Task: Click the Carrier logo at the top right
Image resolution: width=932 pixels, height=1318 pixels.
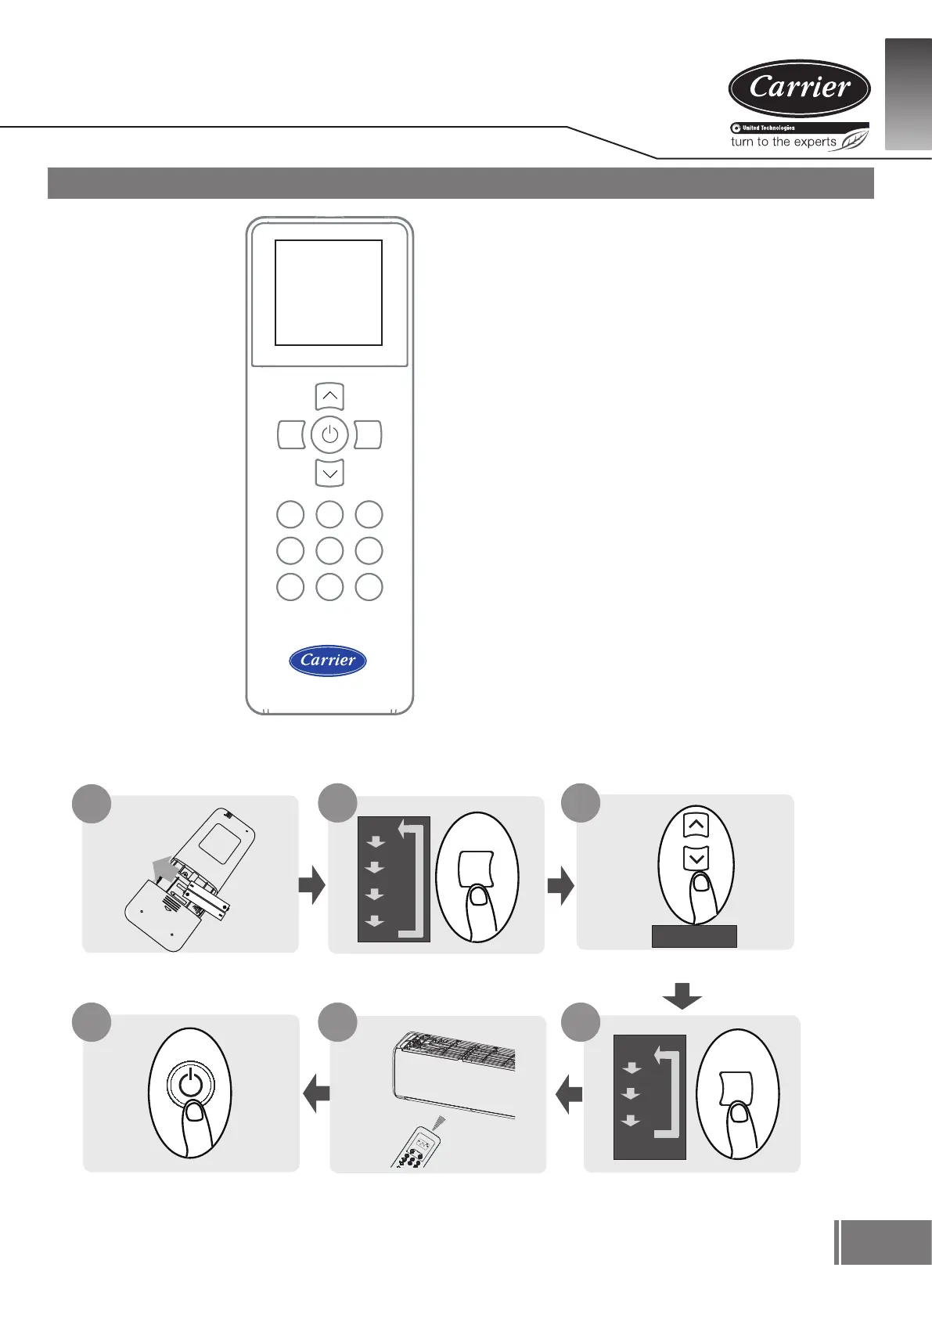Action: pyautogui.click(x=799, y=88)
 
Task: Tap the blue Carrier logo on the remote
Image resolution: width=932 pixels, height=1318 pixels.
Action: pyautogui.click(x=328, y=661)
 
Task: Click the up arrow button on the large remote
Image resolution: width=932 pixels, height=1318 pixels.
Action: pyautogui.click(x=329, y=397)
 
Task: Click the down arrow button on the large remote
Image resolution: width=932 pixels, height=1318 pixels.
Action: pyautogui.click(x=329, y=473)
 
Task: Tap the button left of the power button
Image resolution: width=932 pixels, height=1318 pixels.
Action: pyautogui.click(x=291, y=434)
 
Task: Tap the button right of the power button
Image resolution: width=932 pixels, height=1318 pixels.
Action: pyautogui.click(x=368, y=434)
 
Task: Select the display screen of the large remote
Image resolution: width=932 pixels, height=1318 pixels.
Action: pyautogui.click(x=329, y=293)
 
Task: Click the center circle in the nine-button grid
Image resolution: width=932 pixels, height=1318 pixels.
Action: pyautogui.click(x=329, y=551)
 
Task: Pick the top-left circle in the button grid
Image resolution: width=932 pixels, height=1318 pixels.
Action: pyautogui.click(x=290, y=514)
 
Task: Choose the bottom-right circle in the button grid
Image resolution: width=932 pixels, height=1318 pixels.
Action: pyautogui.click(x=369, y=587)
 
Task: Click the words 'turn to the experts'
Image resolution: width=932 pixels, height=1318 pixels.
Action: pyautogui.click(x=783, y=142)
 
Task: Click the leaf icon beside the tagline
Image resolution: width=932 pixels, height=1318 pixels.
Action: pyautogui.click(x=853, y=141)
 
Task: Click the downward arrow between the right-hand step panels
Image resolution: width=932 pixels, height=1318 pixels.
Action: pyautogui.click(x=682, y=996)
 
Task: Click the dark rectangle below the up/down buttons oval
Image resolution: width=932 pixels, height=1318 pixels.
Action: pyautogui.click(x=694, y=936)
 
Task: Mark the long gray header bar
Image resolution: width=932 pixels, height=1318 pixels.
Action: pyautogui.click(x=460, y=183)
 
